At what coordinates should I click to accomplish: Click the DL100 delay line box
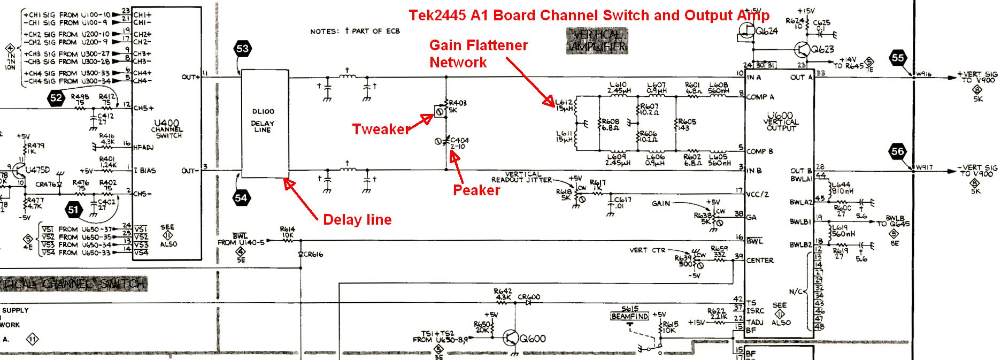click(265, 123)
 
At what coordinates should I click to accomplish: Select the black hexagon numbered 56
click(898, 151)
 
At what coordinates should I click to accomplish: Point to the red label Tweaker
click(380, 129)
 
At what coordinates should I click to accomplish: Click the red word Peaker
click(476, 190)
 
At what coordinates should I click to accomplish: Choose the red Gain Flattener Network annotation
click(478, 53)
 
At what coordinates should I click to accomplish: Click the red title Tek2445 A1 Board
click(588, 16)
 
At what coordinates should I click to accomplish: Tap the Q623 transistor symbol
click(802, 50)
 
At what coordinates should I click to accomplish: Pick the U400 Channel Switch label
click(167, 128)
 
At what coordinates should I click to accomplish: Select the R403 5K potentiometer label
click(458, 106)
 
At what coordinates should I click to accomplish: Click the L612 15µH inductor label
click(564, 105)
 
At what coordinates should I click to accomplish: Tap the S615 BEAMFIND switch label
click(630, 313)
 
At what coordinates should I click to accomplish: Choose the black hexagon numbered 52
click(56, 97)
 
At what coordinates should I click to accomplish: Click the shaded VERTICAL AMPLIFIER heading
click(597, 41)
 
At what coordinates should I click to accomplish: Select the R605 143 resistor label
click(687, 125)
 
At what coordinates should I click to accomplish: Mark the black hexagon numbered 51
click(73, 209)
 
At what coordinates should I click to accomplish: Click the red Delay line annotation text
click(357, 220)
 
